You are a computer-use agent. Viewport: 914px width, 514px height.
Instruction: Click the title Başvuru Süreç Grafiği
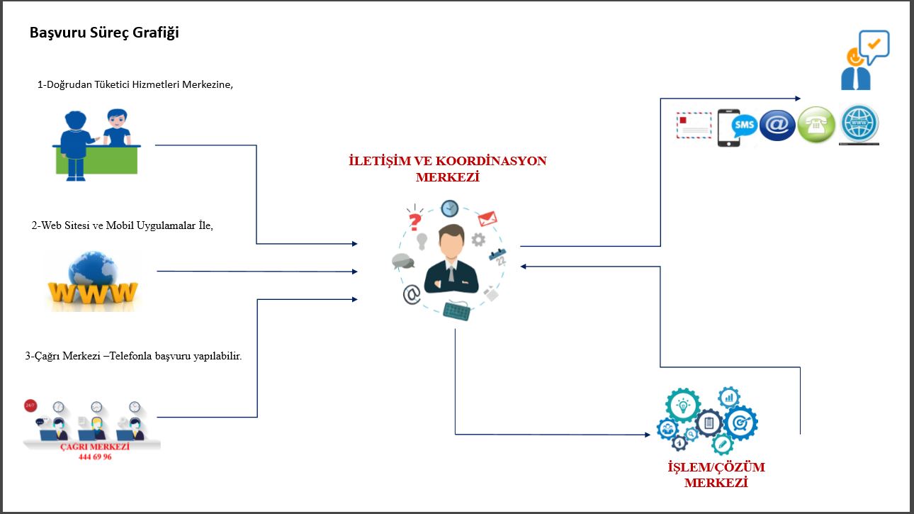103,33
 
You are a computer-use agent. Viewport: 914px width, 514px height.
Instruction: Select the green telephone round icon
816,125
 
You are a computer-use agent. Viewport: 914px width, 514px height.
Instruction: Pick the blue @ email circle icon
777,125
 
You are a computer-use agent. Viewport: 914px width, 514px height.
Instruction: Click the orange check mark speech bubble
874,45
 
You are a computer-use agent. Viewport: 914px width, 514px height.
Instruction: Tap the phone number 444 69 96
95,457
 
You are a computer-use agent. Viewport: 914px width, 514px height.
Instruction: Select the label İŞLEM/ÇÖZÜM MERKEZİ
716,475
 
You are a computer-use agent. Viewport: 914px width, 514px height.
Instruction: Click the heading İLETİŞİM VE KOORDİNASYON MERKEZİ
447,169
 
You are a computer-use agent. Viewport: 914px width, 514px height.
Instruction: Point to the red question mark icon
415,218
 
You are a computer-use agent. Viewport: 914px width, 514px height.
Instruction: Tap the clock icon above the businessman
449,208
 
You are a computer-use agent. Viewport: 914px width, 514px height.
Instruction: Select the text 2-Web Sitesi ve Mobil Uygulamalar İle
123,225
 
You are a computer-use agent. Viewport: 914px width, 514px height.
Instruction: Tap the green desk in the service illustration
96,160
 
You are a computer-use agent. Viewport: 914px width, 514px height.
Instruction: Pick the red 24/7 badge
30,406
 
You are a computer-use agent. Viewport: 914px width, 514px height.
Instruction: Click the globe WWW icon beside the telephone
859,125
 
